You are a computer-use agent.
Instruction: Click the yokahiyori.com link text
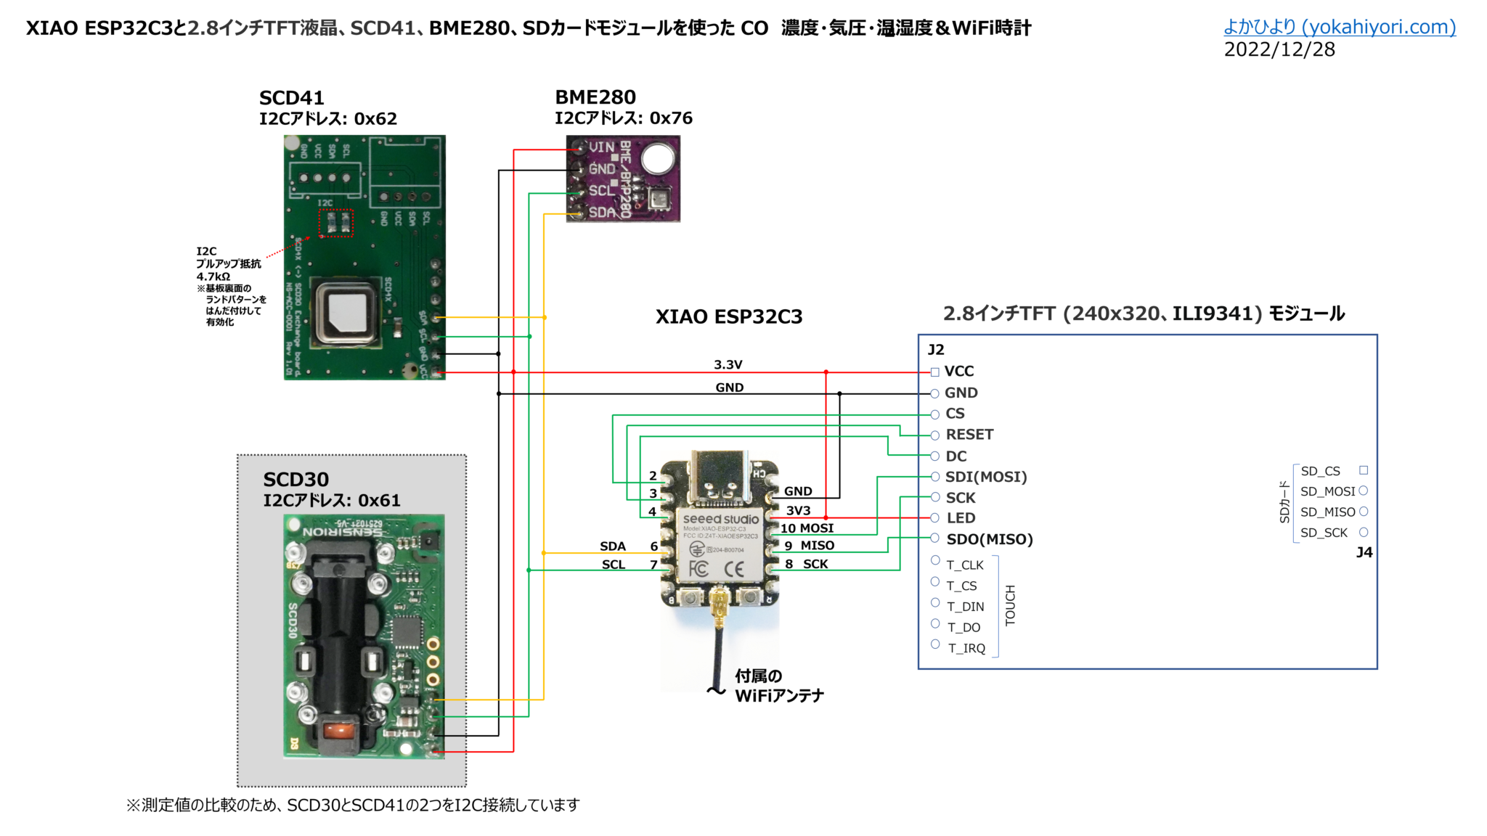tap(1339, 27)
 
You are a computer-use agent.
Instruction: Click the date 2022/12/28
tap(1279, 49)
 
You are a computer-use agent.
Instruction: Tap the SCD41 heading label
tap(291, 98)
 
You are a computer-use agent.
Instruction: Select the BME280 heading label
tap(595, 97)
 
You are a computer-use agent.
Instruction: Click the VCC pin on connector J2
tap(958, 372)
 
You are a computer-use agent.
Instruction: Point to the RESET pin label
tap(969, 435)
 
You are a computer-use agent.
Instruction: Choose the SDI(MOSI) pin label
tap(985, 477)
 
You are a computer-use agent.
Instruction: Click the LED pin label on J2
tap(960, 518)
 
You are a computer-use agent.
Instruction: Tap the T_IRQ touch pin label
tap(966, 648)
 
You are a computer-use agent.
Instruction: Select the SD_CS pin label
tap(1320, 471)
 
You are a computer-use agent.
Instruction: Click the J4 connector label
tap(1364, 552)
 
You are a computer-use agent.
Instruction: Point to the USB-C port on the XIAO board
tap(720, 475)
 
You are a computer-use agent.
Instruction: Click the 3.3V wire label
tap(728, 364)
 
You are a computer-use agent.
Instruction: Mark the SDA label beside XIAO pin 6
tap(612, 546)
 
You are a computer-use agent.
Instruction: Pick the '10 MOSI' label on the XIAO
tap(807, 528)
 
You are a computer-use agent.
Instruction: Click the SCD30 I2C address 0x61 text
tap(331, 501)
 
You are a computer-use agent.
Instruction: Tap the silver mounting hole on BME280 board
tap(657, 158)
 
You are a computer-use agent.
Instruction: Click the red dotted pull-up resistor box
tap(336, 223)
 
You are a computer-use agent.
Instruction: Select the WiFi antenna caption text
tap(778, 686)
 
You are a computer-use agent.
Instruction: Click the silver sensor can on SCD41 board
tap(346, 312)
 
